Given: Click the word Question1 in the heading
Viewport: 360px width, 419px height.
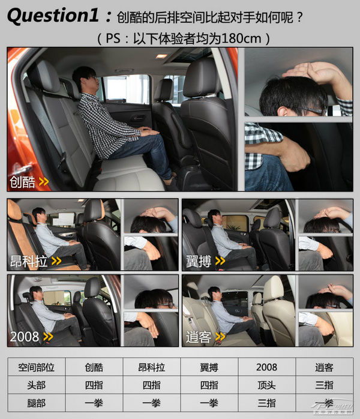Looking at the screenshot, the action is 53,16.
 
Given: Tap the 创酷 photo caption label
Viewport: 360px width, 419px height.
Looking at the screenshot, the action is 22,182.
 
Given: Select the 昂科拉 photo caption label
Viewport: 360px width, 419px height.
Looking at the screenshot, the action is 29,261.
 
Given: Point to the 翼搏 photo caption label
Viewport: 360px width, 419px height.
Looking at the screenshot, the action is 199,261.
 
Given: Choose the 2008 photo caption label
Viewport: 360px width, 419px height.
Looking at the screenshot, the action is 25,337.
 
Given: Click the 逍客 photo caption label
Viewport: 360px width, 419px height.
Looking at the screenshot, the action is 199,337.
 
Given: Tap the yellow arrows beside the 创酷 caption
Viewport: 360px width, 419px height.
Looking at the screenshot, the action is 44,182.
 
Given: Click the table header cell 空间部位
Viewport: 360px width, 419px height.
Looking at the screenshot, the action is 37,367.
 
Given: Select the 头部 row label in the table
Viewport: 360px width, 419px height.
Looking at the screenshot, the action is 37,385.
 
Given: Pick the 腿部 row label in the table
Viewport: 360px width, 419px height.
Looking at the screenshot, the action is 37,403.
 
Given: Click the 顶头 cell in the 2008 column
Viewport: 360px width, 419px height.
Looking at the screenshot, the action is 266,385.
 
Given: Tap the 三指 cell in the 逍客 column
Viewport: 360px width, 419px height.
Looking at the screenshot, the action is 324,385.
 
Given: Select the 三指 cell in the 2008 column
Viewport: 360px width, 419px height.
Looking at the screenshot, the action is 266,403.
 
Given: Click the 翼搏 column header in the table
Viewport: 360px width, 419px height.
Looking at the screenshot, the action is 209,367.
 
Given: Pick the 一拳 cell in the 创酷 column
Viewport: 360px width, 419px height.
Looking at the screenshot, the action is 94,403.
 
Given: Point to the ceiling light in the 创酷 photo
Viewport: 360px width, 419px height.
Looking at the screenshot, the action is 161,56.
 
